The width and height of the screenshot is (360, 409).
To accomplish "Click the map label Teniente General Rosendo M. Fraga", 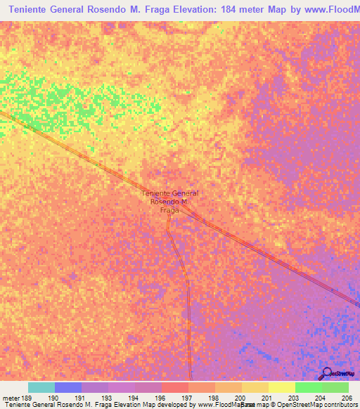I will click(x=169, y=201).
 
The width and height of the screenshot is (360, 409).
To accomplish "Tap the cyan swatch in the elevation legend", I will click(x=41, y=387).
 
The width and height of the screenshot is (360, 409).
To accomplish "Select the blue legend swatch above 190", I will click(x=68, y=387).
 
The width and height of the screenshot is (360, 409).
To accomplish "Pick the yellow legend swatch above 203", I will click(x=282, y=387).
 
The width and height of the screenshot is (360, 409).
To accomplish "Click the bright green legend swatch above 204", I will click(x=309, y=387).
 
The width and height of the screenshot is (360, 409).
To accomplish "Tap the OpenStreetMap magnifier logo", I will click(x=326, y=374).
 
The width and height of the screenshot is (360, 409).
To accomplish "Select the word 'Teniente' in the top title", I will click(x=37, y=10).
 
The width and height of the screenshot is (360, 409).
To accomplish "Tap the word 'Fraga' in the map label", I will click(x=169, y=209).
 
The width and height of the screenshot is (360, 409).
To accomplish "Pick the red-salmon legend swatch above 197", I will click(x=175, y=387).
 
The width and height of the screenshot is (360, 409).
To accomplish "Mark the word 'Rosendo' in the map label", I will click(x=165, y=202).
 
